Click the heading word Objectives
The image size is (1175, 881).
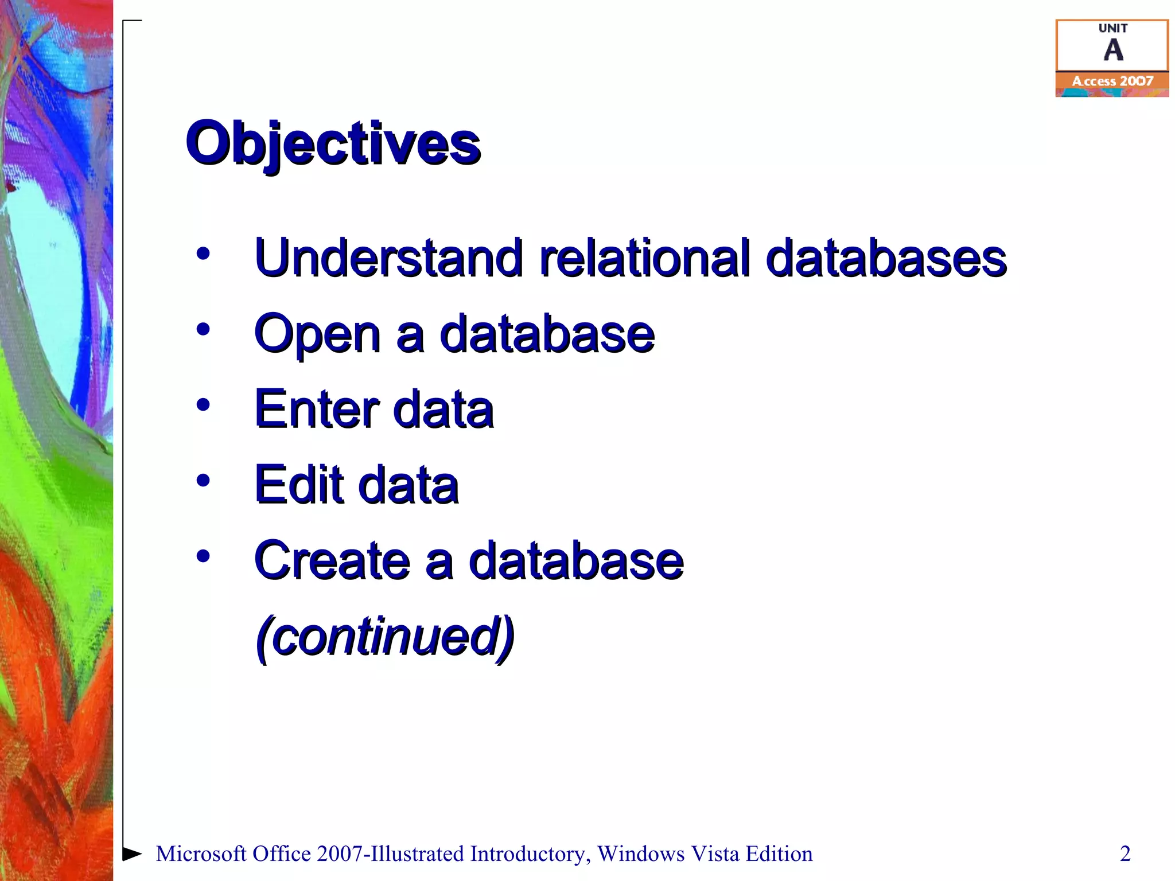[333, 143]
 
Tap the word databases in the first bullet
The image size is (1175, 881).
[886, 258]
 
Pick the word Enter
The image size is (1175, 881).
[317, 410]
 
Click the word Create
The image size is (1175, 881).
[332, 561]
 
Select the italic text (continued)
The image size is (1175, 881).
[385, 637]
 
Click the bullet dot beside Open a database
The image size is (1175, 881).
[203, 329]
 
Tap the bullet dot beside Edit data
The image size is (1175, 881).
[203, 480]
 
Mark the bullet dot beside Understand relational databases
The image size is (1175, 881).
[203, 254]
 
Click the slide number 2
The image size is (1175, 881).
[1125, 854]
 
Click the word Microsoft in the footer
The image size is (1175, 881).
[201, 854]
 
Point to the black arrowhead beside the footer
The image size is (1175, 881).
[132, 853]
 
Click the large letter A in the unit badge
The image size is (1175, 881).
[1113, 50]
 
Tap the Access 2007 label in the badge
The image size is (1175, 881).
[1112, 81]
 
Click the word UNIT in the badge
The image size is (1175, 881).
[1113, 28]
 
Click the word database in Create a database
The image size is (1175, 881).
[576, 561]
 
